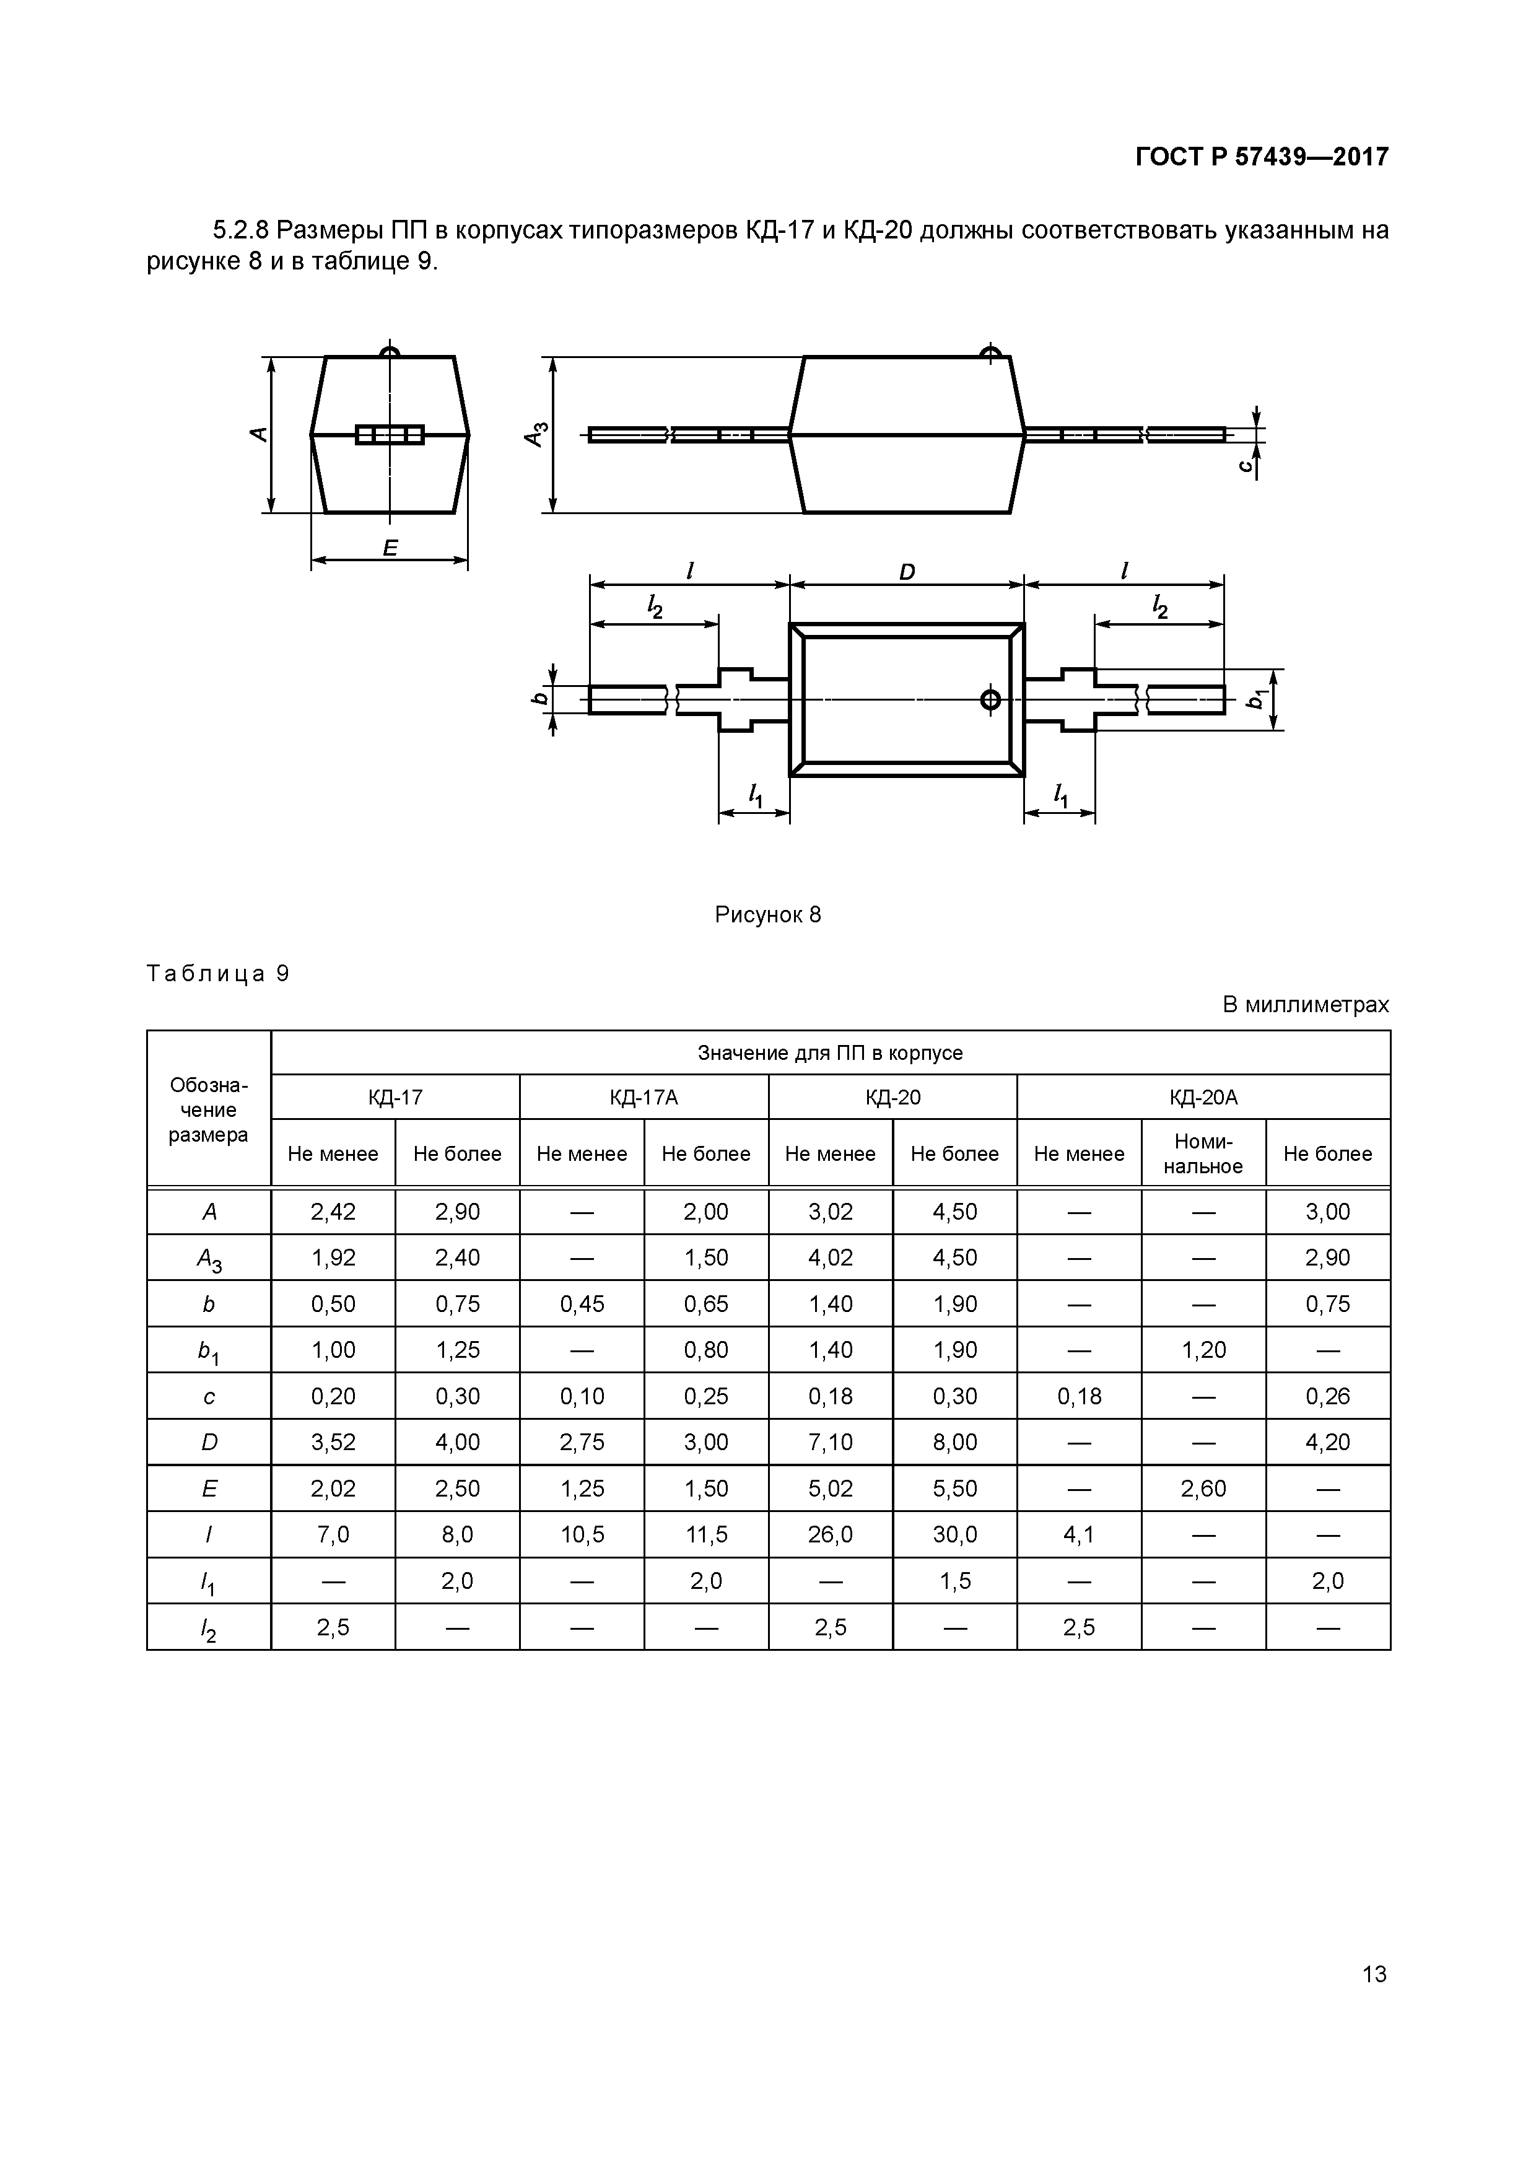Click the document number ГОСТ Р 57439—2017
[1262, 157]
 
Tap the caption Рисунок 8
[767, 914]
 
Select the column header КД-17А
[644, 1097]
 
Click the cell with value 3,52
[333, 1441]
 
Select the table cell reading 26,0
[830, 1534]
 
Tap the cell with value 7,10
[830, 1441]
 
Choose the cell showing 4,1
[1079, 1534]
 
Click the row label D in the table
[209, 1441]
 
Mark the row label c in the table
[209, 1396]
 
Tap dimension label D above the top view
[907, 572]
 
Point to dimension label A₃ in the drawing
[536, 434]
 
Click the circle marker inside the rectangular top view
[990, 699]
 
